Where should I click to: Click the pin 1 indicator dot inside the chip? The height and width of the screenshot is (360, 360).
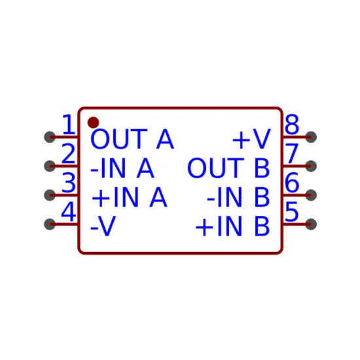point(93,122)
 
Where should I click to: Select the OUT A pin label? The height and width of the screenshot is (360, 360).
point(132,139)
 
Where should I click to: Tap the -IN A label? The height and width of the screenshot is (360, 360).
point(122,168)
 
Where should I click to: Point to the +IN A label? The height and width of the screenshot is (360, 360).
point(129,197)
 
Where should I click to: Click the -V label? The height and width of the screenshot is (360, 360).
point(103,226)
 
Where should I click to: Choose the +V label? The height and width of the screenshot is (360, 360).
point(251,139)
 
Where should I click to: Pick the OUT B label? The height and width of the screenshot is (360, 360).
point(228,168)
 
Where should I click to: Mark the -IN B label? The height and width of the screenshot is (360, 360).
point(238,197)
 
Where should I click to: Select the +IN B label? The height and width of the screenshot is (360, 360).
point(232,226)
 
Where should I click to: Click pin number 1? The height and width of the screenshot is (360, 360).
point(69,124)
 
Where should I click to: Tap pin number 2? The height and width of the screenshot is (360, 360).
point(69,153)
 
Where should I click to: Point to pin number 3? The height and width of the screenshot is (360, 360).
point(69,183)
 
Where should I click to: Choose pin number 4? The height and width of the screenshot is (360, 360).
point(69,211)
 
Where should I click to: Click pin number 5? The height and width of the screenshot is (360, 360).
point(291,211)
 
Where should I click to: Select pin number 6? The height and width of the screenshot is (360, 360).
point(292,183)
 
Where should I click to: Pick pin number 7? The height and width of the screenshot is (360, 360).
point(291,153)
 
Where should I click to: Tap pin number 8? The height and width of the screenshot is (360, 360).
point(292,124)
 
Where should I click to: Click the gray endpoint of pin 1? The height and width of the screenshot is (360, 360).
point(50,137)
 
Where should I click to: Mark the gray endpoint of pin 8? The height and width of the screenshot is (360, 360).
point(311,137)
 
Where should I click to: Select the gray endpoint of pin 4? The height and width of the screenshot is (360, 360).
point(50,224)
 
